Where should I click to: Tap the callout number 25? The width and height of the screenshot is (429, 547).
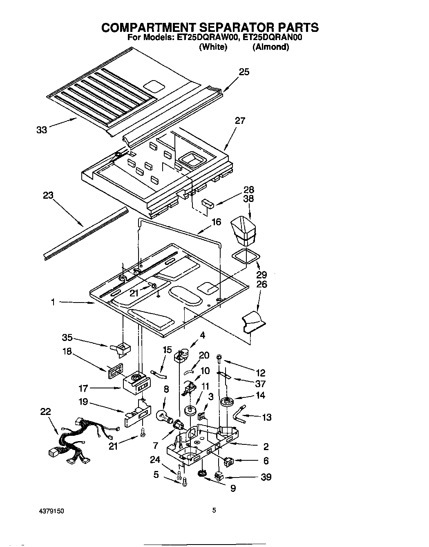point(244,72)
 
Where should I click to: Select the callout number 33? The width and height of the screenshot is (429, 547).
point(41,130)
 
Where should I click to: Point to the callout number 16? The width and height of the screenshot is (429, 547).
point(216,222)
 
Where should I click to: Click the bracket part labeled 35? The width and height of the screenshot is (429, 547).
point(121,348)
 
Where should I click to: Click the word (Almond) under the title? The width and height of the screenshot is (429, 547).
point(270,47)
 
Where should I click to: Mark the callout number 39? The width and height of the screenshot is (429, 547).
point(266,477)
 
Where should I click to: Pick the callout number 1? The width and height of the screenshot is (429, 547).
point(53,302)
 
